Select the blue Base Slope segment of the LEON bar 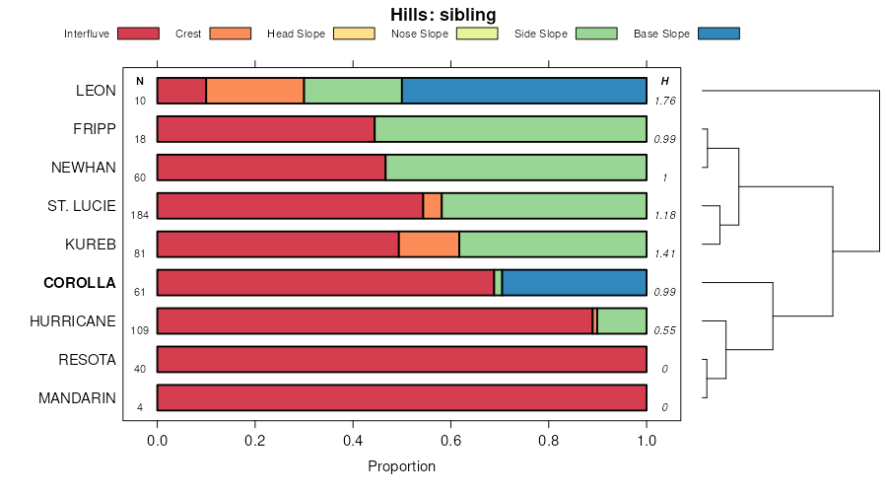coord(524,91)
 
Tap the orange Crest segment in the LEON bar coord(254,91)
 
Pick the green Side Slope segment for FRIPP coord(511,129)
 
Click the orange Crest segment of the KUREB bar coord(429,245)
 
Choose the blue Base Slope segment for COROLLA coord(575,283)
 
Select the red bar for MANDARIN coord(401,398)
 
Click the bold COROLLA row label coord(80,283)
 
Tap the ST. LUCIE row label coord(83,206)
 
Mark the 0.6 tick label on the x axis coord(450,442)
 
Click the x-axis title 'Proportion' coord(401,466)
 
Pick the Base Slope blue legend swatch coord(717,34)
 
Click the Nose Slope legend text coord(420,34)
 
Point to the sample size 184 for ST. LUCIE coord(139,215)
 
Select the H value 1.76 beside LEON coord(664,101)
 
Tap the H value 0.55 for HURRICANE coord(664,330)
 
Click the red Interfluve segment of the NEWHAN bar coord(271,168)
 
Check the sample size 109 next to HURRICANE coord(139,330)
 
